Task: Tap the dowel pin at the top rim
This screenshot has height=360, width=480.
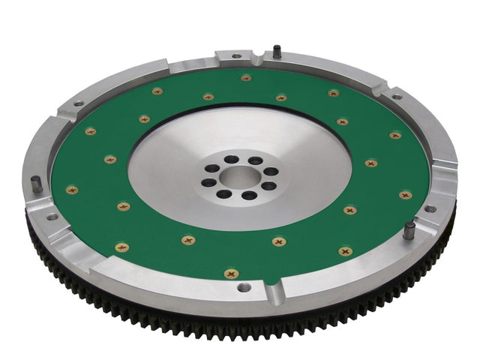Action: point(276,51)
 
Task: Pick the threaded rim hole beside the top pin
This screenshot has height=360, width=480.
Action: point(237,56)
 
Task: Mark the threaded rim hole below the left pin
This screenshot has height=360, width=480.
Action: point(52,217)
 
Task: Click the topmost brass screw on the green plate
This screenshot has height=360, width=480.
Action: point(246,77)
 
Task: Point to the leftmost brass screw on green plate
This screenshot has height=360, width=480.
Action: point(72,190)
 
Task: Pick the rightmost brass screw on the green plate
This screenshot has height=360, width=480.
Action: point(406,195)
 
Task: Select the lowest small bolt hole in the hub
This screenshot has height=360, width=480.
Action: point(245,196)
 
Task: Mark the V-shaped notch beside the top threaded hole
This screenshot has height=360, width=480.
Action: point(259,55)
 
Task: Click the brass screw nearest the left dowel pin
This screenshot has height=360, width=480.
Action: point(72,190)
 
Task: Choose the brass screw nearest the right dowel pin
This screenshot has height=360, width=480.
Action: point(406,195)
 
